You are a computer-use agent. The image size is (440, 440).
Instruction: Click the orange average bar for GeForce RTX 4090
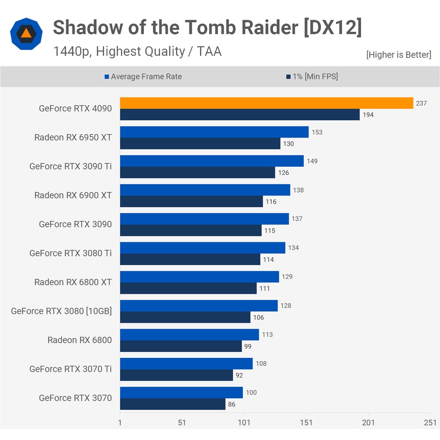266,103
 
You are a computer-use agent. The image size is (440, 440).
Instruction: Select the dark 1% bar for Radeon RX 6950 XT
200,144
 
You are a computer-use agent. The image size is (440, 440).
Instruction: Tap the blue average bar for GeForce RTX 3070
181,392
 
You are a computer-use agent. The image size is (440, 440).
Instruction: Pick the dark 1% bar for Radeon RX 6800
181,346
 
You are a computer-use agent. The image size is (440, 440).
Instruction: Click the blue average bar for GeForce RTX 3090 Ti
212,161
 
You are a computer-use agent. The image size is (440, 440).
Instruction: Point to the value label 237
421,103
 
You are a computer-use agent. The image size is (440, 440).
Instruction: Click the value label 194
368,115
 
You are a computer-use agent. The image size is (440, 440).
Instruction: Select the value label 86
232,404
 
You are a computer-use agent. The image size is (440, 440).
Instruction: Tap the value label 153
317,132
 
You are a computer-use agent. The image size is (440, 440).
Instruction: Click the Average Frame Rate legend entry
143,76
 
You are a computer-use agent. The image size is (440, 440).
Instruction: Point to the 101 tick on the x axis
244,422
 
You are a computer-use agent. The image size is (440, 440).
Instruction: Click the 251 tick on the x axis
430,422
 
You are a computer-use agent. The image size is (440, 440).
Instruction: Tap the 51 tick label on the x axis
182,422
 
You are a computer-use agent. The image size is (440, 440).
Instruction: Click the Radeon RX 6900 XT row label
73,196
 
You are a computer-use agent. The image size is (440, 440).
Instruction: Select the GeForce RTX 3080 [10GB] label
61,311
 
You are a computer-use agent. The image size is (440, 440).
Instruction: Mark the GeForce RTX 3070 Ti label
70,369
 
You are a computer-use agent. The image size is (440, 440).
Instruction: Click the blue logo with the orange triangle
26,34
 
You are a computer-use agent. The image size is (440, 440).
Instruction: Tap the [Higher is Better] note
398,55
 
